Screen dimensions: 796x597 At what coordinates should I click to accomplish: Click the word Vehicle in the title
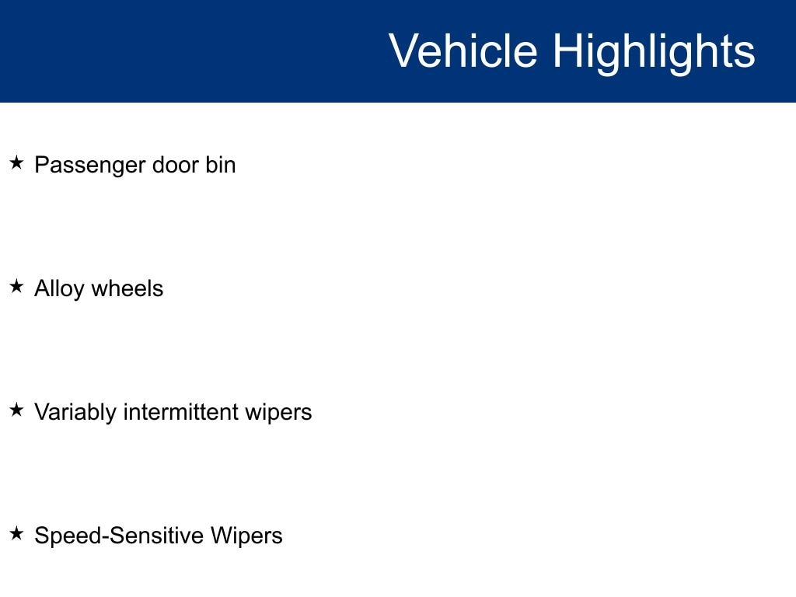[x=463, y=51]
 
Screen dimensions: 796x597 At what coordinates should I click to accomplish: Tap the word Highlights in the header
[x=654, y=54]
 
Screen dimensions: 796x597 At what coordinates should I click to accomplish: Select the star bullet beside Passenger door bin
[x=17, y=163]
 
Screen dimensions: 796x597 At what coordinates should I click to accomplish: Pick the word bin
[x=221, y=165]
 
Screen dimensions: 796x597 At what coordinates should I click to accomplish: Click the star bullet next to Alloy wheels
[x=17, y=286]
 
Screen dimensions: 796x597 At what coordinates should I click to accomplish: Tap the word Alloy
[x=59, y=289]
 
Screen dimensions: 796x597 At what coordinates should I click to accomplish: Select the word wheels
[x=127, y=288]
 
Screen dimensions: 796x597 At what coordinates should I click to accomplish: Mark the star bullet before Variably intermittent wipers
[x=17, y=410]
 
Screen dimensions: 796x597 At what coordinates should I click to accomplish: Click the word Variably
[x=75, y=413]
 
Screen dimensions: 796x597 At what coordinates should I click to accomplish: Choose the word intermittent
[x=180, y=412]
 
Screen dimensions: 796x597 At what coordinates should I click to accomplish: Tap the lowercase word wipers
[x=279, y=413]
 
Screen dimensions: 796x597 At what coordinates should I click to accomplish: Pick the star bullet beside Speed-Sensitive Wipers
[x=17, y=533]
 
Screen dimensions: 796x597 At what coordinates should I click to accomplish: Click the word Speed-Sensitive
[x=119, y=536]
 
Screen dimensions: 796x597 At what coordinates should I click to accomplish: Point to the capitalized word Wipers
[x=246, y=536]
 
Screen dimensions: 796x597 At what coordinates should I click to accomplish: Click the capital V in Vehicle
[x=404, y=51]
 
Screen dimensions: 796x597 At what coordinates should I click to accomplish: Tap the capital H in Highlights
[x=567, y=51]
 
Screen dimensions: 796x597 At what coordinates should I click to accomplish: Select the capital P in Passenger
[x=42, y=165]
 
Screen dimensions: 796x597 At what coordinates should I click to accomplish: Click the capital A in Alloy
[x=43, y=288]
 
